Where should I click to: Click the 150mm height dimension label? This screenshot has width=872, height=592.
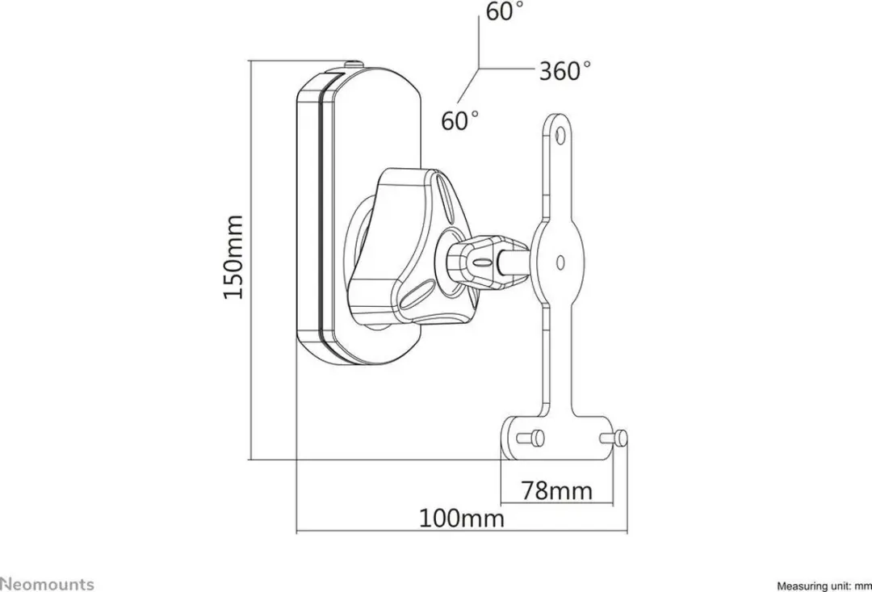pos(233,257)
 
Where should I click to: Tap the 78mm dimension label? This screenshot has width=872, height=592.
pos(557,491)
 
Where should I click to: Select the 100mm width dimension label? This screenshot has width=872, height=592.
pos(462,519)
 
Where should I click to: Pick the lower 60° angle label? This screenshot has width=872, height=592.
pos(460,120)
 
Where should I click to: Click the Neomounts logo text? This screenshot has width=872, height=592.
pos(47,584)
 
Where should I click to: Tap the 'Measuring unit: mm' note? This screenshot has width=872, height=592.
pos(824,586)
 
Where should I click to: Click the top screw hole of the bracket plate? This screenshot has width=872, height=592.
pos(560,134)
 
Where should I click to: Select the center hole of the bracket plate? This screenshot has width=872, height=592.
pos(560,262)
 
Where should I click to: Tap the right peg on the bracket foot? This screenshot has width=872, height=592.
pos(614,439)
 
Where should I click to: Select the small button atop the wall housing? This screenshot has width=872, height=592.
pos(353,65)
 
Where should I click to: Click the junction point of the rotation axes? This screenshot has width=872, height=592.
pos(480,69)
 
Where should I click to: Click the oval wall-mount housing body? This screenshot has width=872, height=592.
pos(358,217)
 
